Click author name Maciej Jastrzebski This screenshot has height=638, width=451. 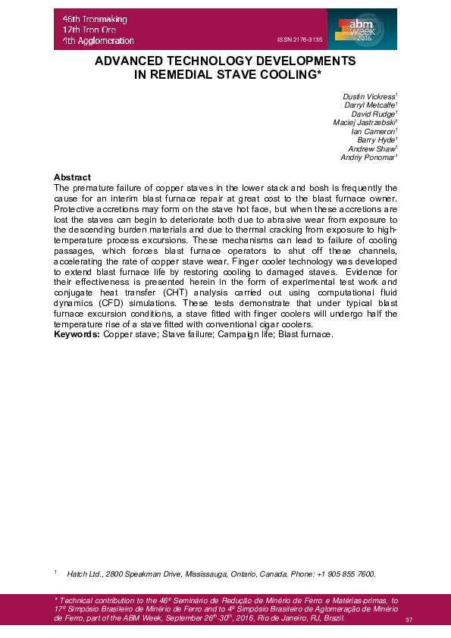tap(365, 123)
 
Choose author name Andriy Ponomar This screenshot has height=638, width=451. tap(368, 157)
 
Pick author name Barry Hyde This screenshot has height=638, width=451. tap(377, 140)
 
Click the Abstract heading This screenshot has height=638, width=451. tap(73, 177)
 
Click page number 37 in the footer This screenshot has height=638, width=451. tap(409, 621)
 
